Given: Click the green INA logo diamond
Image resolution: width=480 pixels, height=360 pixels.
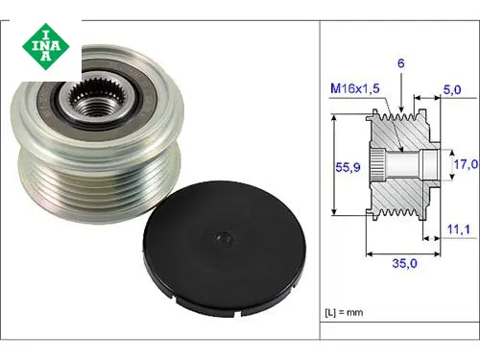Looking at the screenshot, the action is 46,46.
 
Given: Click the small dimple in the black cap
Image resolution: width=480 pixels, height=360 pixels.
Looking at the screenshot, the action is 224,238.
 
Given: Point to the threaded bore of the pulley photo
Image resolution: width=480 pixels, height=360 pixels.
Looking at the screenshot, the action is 93,108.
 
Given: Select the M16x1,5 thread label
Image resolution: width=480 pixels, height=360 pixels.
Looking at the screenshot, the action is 355,88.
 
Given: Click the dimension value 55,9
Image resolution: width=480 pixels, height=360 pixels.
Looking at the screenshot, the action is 348,167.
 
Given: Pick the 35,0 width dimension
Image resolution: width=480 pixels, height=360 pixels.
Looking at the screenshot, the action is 404,263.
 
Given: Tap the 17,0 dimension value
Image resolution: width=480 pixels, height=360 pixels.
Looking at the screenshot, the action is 466,164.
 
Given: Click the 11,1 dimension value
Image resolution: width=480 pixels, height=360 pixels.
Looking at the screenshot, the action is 458,229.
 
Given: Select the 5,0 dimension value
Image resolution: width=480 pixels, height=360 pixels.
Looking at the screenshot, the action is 452,90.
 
